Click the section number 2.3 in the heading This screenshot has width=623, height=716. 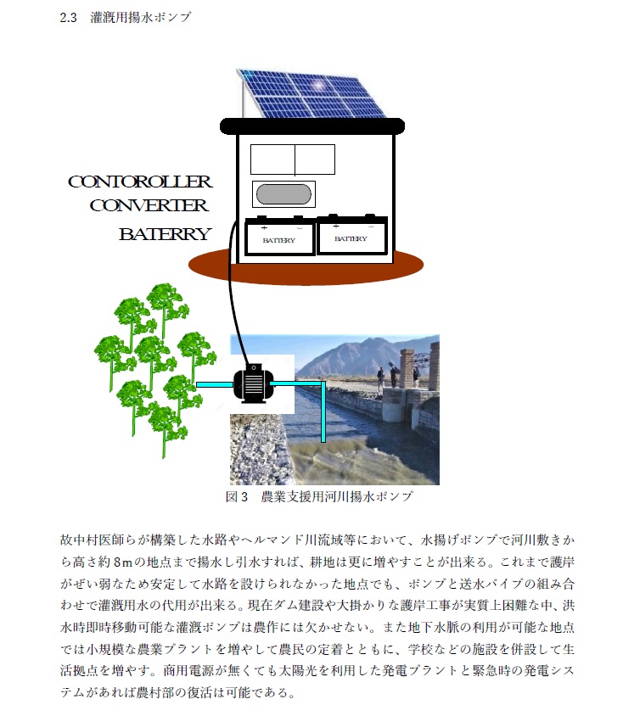68,17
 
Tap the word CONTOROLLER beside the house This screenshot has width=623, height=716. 140,182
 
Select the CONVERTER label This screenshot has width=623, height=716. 149,205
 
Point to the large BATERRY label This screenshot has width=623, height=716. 165,234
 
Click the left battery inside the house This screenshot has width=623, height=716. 279,236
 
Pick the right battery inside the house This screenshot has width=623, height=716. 352,234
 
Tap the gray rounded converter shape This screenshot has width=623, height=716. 283,194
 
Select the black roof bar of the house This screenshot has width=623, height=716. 312,126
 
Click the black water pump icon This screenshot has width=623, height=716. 253,383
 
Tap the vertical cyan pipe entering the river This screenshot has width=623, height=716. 323,412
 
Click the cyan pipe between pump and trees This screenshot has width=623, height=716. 214,384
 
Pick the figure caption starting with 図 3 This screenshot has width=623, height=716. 319,496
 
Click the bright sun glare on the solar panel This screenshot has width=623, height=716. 318,85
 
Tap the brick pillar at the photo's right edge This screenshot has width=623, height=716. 434,366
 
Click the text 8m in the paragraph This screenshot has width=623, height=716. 122,562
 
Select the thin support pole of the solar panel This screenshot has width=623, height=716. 243,98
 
